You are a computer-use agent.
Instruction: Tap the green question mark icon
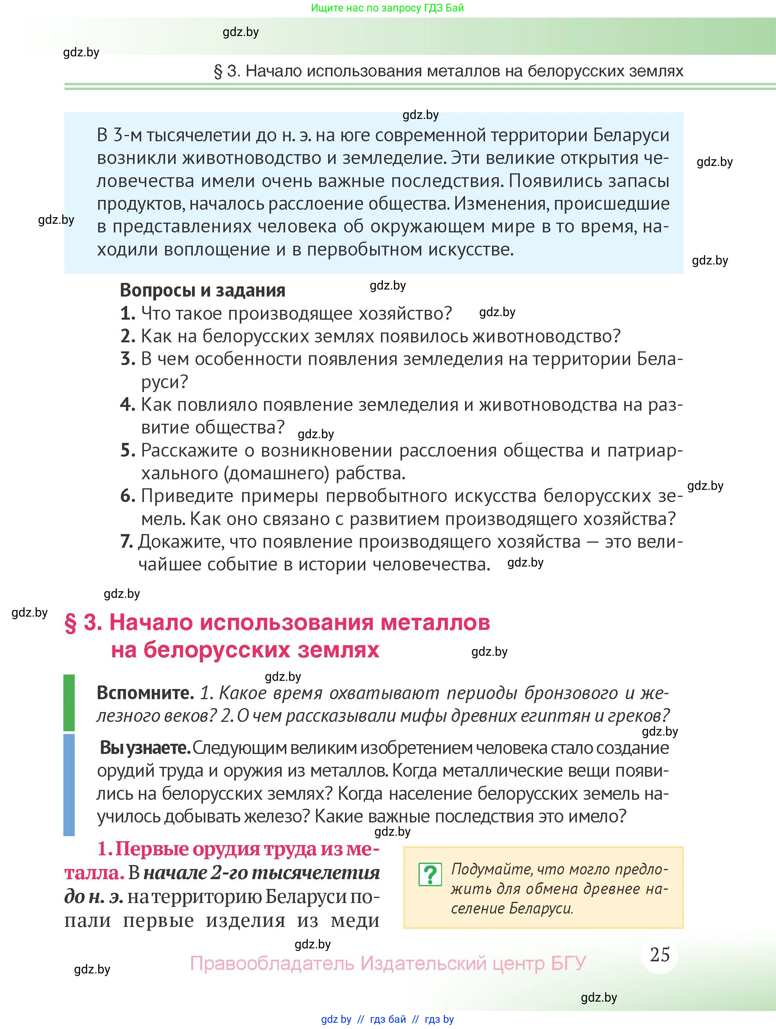click(x=430, y=874)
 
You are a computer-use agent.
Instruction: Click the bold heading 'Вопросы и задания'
click(x=203, y=290)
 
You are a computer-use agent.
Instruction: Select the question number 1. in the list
click(x=128, y=313)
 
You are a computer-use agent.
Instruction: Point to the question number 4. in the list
click(x=128, y=405)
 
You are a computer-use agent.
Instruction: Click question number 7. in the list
click(x=126, y=541)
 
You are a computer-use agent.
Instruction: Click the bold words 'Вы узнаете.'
click(x=145, y=748)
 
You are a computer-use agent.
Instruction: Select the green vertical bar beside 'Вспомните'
click(x=69, y=702)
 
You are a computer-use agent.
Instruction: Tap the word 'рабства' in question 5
click(x=370, y=473)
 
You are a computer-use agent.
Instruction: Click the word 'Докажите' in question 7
click(x=177, y=542)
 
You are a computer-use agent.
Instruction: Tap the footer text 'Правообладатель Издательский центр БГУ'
click(x=388, y=963)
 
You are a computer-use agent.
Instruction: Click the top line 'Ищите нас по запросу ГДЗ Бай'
click(x=387, y=8)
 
